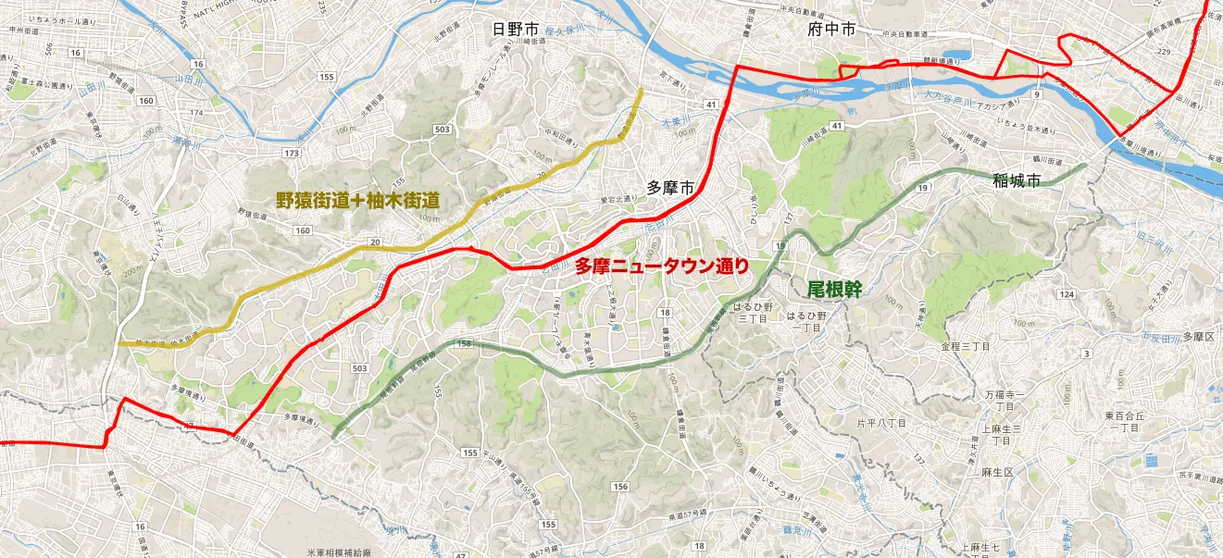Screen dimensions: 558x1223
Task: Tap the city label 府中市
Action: pos(830,30)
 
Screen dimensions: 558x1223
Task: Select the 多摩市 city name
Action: pos(670,188)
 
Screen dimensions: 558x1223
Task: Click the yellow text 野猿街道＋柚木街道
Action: pos(356,199)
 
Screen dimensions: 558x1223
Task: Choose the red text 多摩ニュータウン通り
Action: pos(661,267)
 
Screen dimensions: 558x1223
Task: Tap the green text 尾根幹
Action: pos(834,290)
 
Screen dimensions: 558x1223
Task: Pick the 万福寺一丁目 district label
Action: pos(1004,400)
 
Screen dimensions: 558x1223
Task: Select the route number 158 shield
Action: pos(464,344)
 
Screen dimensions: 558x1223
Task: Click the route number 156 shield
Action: pos(620,487)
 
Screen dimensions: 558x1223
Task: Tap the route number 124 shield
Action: pos(1067,293)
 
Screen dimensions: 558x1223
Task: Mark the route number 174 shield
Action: pos(195,113)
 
